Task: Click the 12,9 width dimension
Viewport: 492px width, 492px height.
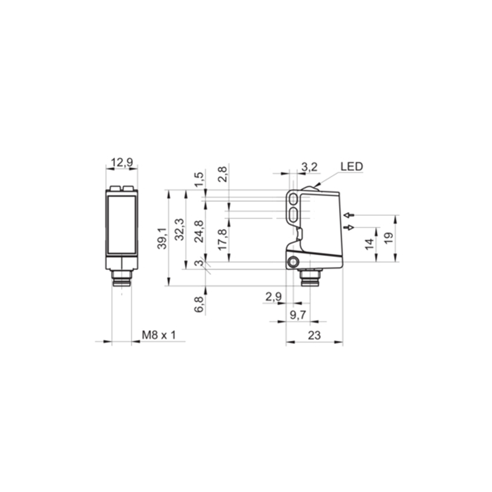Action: [122, 162]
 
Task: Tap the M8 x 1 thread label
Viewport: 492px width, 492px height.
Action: [159, 335]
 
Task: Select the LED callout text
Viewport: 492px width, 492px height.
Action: [352, 167]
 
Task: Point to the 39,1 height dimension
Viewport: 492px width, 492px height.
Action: [162, 239]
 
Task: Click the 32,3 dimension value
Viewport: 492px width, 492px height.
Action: [180, 229]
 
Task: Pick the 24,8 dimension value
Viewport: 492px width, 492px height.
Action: [199, 232]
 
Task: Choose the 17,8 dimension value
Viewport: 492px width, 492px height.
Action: [222, 239]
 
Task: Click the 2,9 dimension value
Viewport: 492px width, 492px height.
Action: [274, 296]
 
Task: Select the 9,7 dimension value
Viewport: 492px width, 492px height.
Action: [298, 315]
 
